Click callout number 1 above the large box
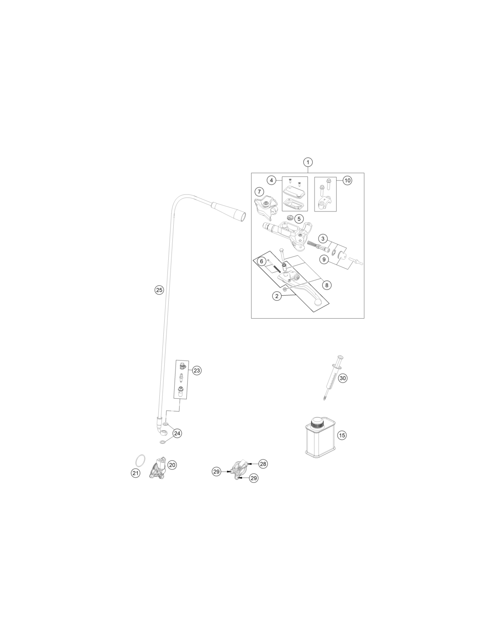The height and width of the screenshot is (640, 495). click(308, 162)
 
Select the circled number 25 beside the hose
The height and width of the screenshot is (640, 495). click(159, 290)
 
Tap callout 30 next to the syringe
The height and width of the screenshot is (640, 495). click(342, 378)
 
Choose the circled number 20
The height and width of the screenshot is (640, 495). click(172, 465)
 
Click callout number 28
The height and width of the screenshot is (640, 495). click(263, 464)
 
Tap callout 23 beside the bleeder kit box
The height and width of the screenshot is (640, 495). click(197, 370)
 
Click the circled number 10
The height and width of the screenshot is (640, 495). click(347, 180)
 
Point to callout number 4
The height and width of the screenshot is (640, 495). click(271, 180)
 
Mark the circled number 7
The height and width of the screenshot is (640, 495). click(259, 192)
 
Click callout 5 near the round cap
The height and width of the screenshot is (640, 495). click(299, 219)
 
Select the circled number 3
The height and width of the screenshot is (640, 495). click(323, 238)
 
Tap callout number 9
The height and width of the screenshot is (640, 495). click(324, 260)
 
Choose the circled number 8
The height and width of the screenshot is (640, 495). click(327, 285)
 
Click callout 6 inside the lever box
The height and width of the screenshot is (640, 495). click(261, 261)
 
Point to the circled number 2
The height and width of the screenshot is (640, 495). click(277, 296)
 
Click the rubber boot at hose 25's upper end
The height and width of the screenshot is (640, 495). click(229, 211)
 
